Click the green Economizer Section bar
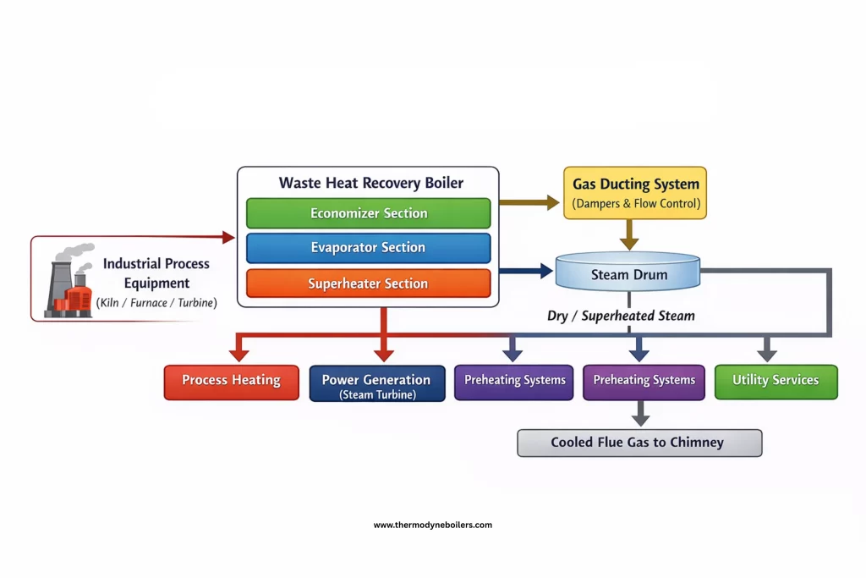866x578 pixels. pyautogui.click(x=368, y=213)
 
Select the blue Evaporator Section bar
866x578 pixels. pyautogui.click(x=368, y=248)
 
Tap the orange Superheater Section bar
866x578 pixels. pyautogui.click(x=368, y=283)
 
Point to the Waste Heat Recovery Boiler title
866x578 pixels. pyautogui.click(x=370, y=183)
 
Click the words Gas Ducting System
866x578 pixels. pyautogui.click(x=635, y=184)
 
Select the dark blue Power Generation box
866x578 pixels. pyautogui.click(x=376, y=383)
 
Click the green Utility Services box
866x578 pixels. pyautogui.click(x=776, y=381)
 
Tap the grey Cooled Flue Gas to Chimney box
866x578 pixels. pyautogui.click(x=639, y=443)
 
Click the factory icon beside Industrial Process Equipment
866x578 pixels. pyautogui.click(x=72, y=282)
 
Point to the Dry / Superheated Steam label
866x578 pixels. pyautogui.click(x=621, y=316)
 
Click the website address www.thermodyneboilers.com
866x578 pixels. pyautogui.click(x=432, y=525)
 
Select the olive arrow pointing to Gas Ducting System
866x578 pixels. pyautogui.click(x=529, y=202)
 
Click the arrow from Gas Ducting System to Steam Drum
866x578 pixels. pyautogui.click(x=628, y=234)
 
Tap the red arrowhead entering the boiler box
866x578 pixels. pyautogui.click(x=228, y=238)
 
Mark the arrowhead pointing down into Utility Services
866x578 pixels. pyautogui.click(x=767, y=354)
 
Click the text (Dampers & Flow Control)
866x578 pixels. pyautogui.click(x=635, y=204)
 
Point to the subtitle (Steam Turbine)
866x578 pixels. pyautogui.click(x=376, y=395)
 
